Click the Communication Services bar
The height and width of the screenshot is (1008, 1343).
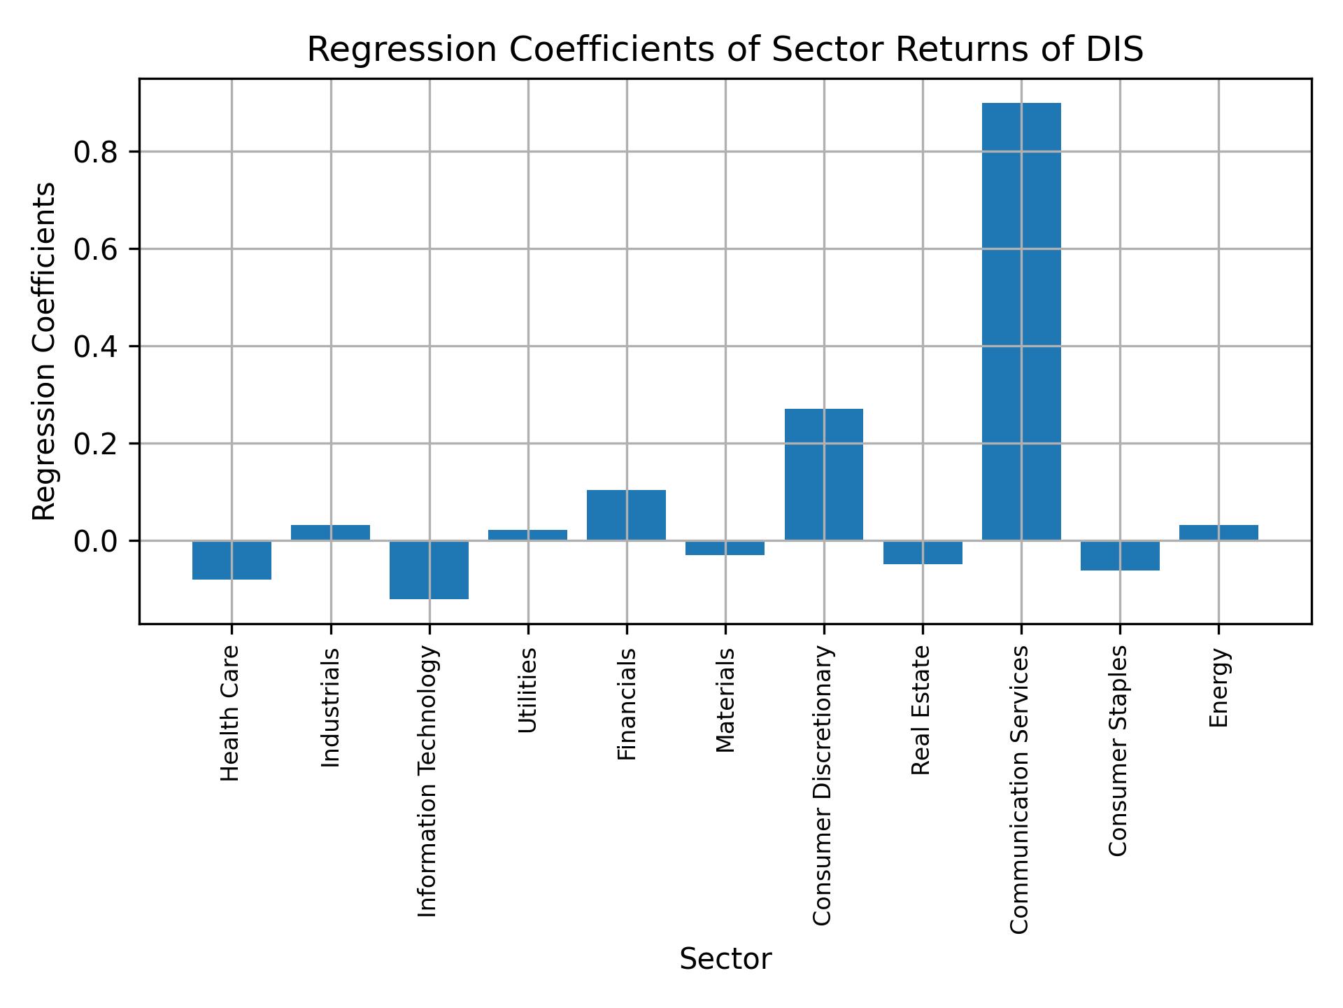[x=1021, y=321]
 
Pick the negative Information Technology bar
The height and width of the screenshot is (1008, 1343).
[x=429, y=570]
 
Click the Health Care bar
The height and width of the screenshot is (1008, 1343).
[x=232, y=560]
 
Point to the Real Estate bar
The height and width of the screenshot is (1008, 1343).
[x=923, y=552]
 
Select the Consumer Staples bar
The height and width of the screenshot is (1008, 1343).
[x=1120, y=556]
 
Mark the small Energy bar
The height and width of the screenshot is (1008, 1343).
[x=1218, y=533]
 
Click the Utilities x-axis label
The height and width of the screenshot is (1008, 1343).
[x=528, y=690]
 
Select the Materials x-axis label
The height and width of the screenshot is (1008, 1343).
[x=725, y=700]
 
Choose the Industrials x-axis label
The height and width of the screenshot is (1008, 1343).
[x=330, y=707]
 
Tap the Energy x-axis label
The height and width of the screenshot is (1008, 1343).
[x=1218, y=687]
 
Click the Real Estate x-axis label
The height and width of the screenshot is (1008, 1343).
[x=922, y=710]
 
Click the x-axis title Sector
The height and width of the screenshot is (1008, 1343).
[x=725, y=959]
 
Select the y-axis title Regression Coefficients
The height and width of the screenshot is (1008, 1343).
[x=45, y=351]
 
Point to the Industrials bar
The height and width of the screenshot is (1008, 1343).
[x=330, y=533]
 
